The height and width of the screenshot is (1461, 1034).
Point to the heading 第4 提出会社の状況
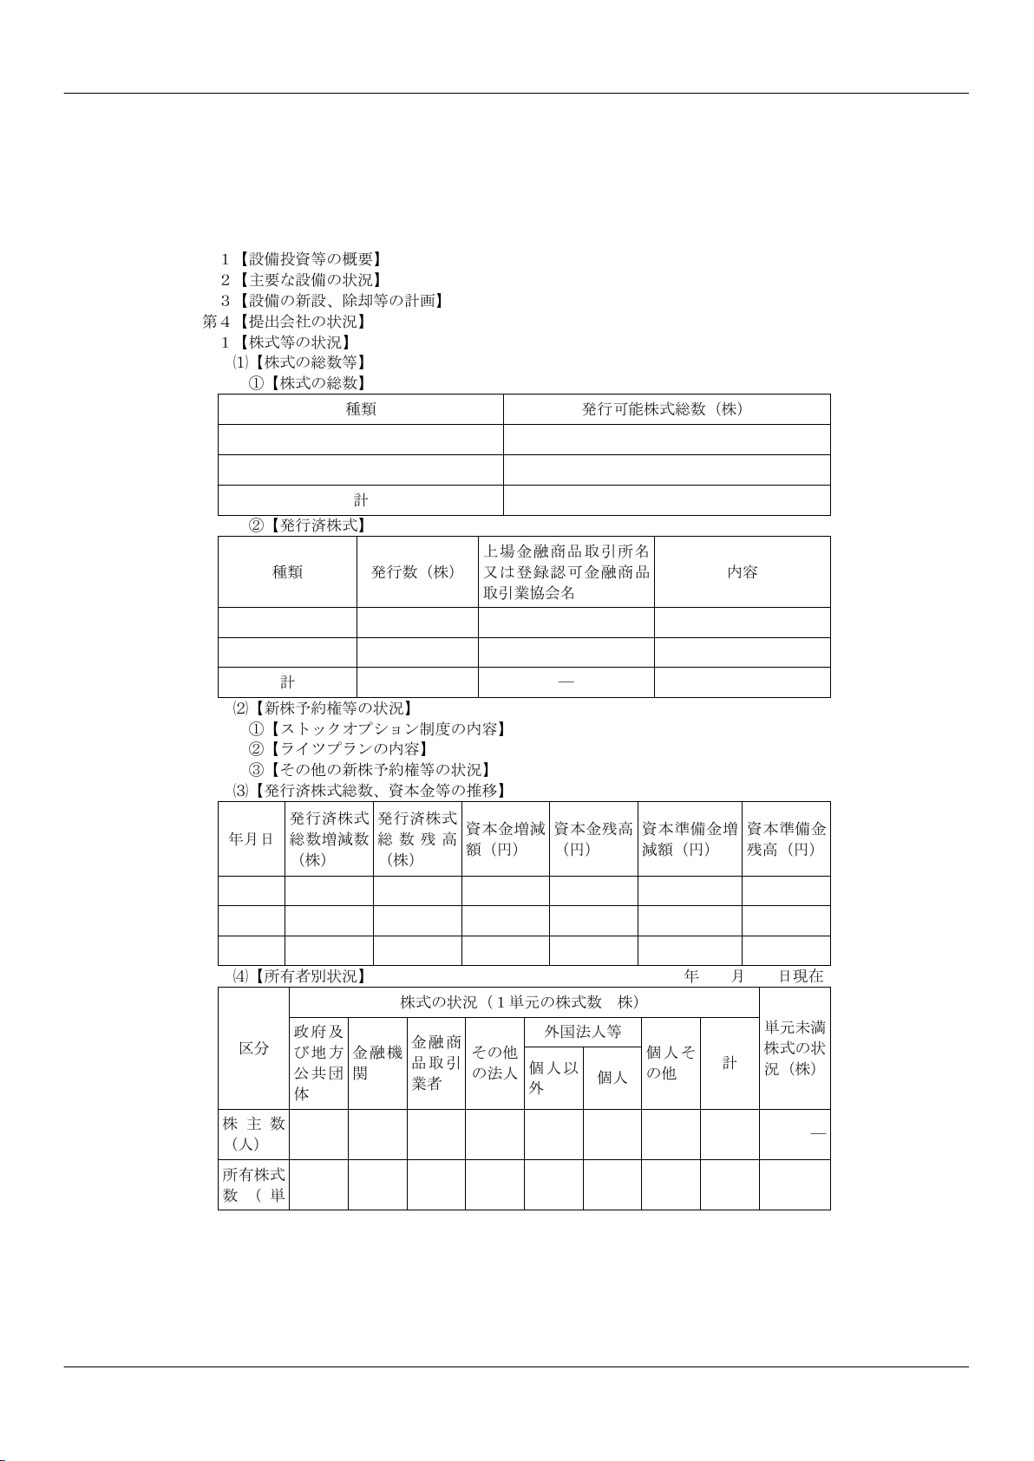click(x=284, y=322)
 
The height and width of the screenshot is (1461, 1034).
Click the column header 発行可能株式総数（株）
click(x=666, y=409)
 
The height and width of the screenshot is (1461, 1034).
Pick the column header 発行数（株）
click(x=416, y=572)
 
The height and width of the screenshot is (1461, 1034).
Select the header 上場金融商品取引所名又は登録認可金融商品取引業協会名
click(x=566, y=572)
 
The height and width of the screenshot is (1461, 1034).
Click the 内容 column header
click(x=742, y=572)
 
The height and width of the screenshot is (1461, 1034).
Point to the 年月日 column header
click(x=251, y=839)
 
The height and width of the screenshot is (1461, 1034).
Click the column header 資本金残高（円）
click(x=593, y=839)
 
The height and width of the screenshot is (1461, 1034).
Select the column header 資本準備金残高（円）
click(x=786, y=839)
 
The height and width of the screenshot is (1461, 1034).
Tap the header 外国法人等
click(x=583, y=1033)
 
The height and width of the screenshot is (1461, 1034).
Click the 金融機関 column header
click(x=377, y=1063)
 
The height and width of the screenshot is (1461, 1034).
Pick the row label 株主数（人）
click(x=253, y=1134)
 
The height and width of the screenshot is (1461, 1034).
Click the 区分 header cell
click(x=253, y=1048)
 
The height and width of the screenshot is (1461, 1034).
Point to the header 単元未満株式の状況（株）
click(x=795, y=1048)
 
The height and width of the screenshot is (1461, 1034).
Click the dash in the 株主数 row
click(x=817, y=1134)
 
